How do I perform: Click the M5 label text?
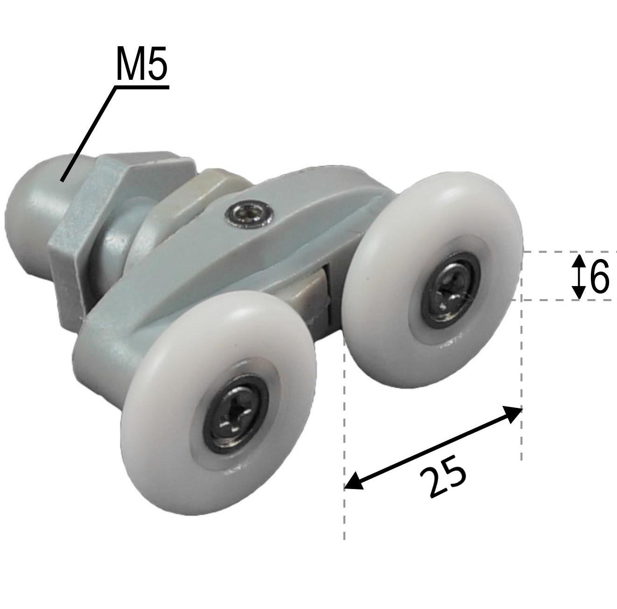tap(141, 63)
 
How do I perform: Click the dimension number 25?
tap(443, 481)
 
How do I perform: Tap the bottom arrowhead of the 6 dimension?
tap(579, 293)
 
